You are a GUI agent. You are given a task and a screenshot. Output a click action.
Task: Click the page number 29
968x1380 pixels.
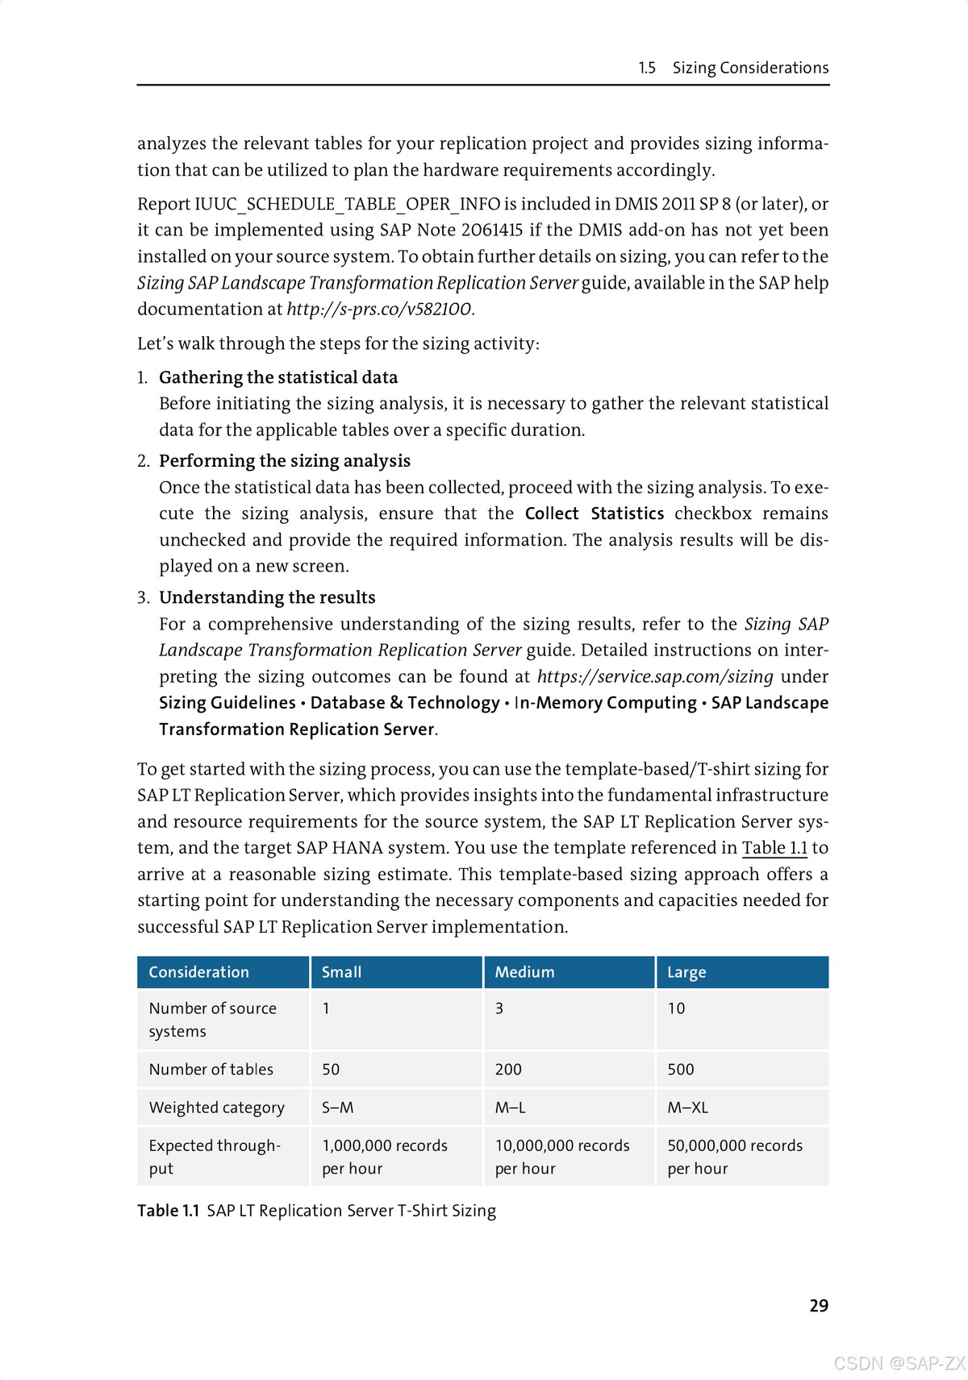click(x=819, y=1305)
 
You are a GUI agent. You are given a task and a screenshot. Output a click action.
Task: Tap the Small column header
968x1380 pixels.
click(x=341, y=972)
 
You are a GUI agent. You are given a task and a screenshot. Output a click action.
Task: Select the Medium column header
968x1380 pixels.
click(x=524, y=972)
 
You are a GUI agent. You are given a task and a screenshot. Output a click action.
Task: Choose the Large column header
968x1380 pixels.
click(x=686, y=972)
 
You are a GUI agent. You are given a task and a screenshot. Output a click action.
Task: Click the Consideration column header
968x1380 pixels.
click(x=198, y=972)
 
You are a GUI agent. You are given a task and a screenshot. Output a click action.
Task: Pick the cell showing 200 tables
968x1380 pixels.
click(x=508, y=1069)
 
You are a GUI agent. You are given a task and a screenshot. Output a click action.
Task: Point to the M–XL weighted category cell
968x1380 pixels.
click(x=687, y=1108)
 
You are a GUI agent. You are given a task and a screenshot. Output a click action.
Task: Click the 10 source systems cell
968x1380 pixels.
click(x=676, y=1008)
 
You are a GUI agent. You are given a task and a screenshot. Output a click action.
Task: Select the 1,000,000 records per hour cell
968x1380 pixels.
click(x=384, y=1157)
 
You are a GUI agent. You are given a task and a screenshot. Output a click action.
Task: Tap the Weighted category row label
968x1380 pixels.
click(x=216, y=1108)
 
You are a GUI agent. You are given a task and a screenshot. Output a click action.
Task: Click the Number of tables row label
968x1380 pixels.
click(x=211, y=1069)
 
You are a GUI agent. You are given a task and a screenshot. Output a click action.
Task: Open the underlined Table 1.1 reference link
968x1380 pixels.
click(x=774, y=848)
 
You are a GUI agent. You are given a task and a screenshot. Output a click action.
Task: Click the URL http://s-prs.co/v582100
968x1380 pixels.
click(x=379, y=310)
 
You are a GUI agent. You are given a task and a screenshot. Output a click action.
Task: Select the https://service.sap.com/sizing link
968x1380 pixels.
click(x=655, y=676)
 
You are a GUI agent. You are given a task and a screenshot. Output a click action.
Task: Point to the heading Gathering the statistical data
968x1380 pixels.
click(x=278, y=377)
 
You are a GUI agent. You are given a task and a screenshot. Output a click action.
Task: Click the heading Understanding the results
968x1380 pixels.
click(x=267, y=597)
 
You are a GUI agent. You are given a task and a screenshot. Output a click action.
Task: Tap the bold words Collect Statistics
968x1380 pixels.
click(x=595, y=513)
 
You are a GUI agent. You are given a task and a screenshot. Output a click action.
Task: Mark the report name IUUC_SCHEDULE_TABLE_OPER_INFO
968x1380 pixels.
click(x=348, y=204)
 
